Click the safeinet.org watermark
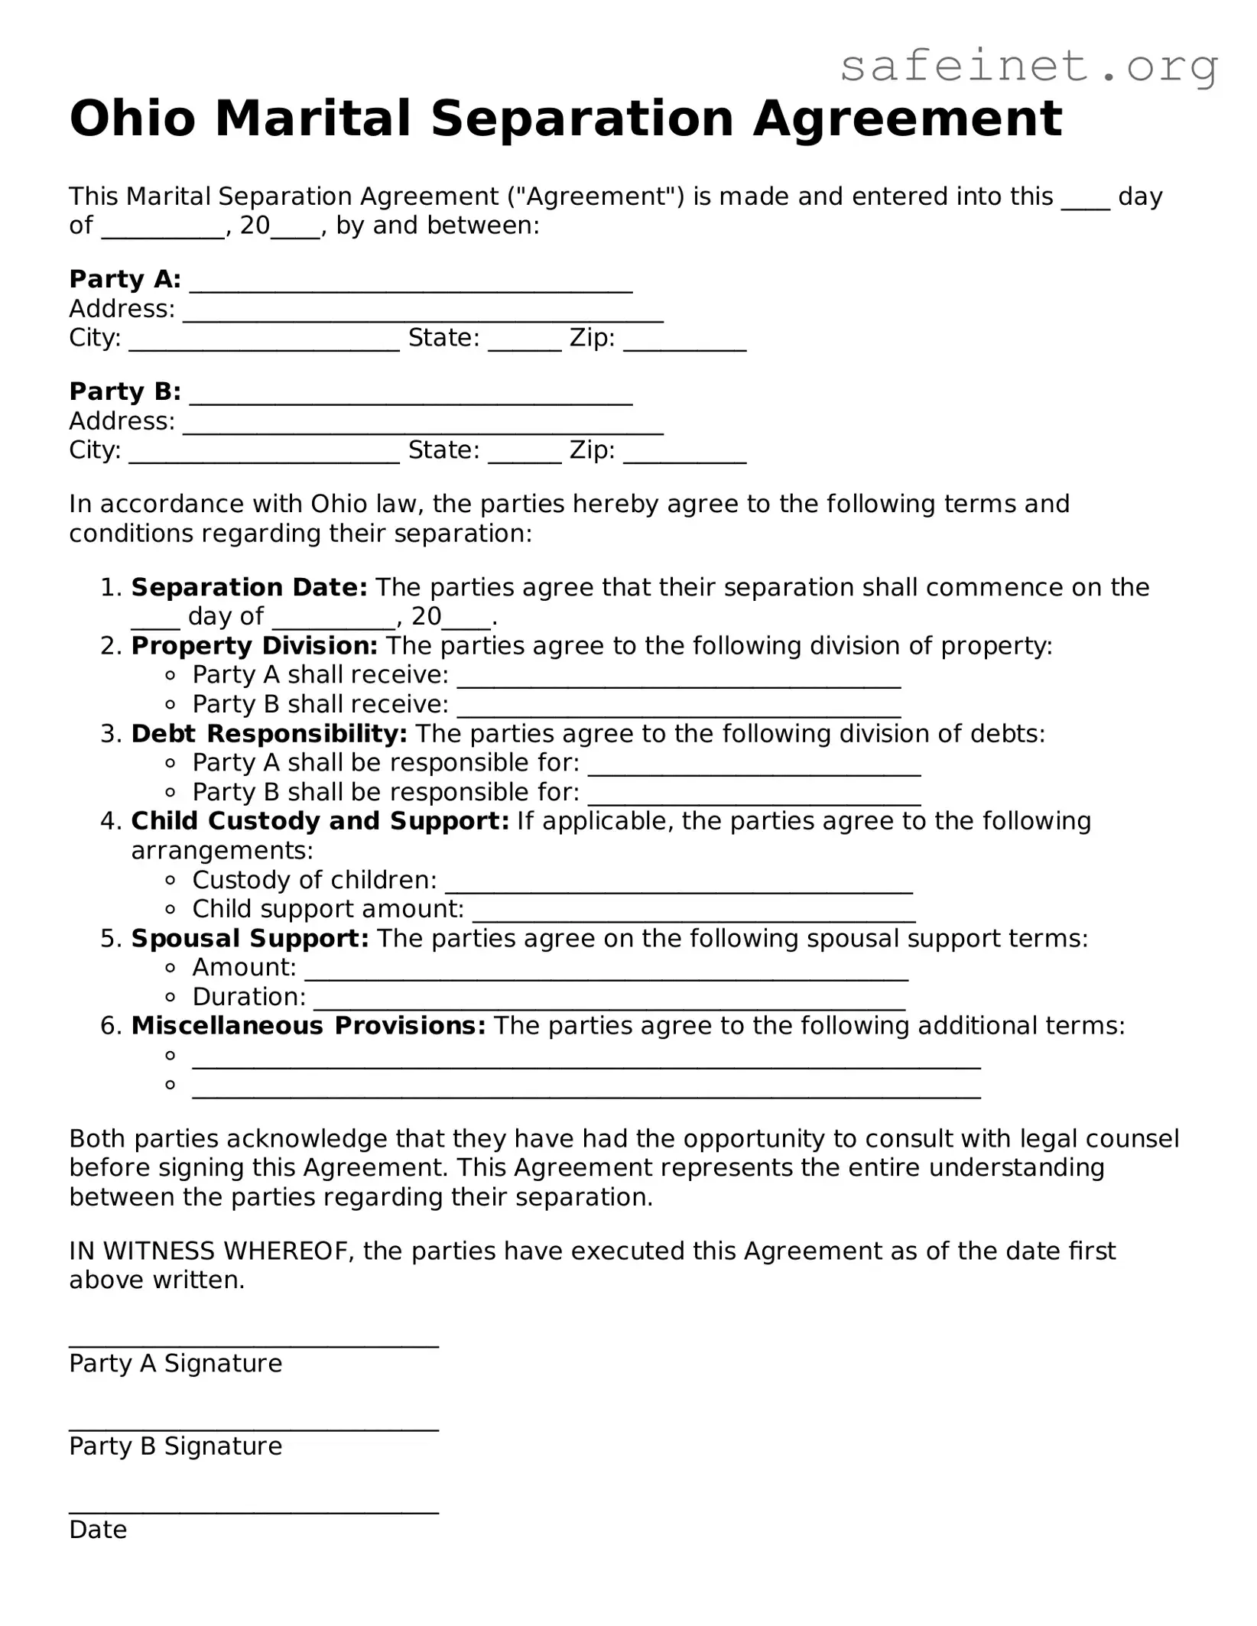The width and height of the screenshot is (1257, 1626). (x=1028, y=67)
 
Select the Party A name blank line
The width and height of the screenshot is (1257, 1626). (x=411, y=284)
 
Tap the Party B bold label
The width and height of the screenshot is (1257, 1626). (x=125, y=391)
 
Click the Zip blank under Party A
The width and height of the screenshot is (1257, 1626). (x=684, y=342)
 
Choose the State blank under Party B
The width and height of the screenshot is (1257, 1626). (x=525, y=455)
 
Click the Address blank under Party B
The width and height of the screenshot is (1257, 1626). (x=422, y=427)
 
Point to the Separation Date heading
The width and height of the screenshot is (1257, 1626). (x=249, y=587)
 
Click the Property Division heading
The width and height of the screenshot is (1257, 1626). (x=254, y=646)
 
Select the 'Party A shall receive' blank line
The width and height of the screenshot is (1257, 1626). (x=678, y=680)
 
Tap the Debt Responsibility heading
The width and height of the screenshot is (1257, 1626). (x=269, y=734)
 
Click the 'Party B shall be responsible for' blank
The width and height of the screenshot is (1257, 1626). (x=754, y=797)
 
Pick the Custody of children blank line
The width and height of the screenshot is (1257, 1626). (x=678, y=885)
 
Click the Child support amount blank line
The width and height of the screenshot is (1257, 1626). (x=693, y=914)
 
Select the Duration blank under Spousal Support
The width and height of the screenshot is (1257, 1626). (x=609, y=1002)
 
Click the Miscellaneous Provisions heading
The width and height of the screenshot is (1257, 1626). (x=308, y=1026)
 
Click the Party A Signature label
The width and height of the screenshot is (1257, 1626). (x=175, y=1364)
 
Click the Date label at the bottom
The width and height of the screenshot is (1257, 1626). (x=98, y=1530)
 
